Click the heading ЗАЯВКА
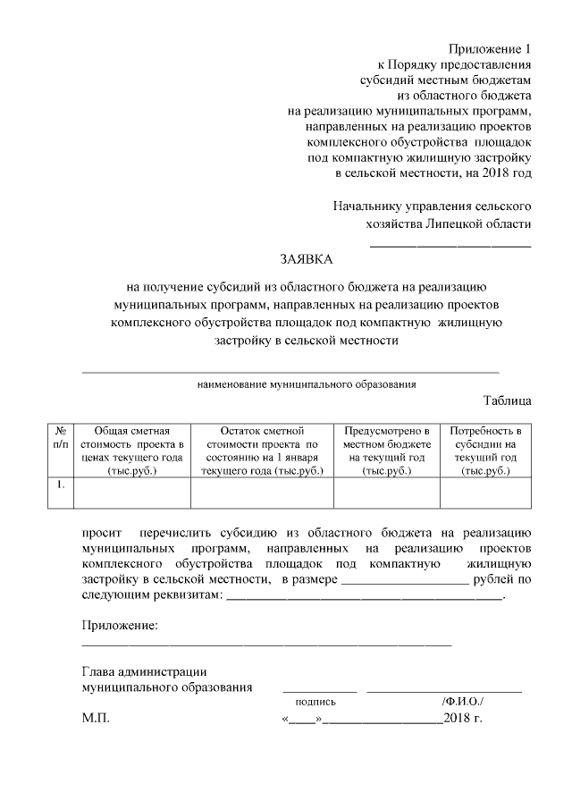pyautogui.click(x=305, y=260)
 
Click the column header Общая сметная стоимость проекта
pyautogui.click(x=132, y=451)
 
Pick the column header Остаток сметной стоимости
pyautogui.click(x=262, y=451)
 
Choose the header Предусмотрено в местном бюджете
pyautogui.click(x=388, y=451)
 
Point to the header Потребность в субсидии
pyautogui.click(x=487, y=451)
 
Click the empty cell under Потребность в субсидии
pyautogui.click(x=487, y=493)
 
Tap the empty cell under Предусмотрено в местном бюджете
pyautogui.click(x=388, y=493)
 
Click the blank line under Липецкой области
pyautogui.click(x=450, y=244)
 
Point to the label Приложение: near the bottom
pyautogui.click(x=120, y=624)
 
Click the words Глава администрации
pyautogui.click(x=145, y=671)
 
